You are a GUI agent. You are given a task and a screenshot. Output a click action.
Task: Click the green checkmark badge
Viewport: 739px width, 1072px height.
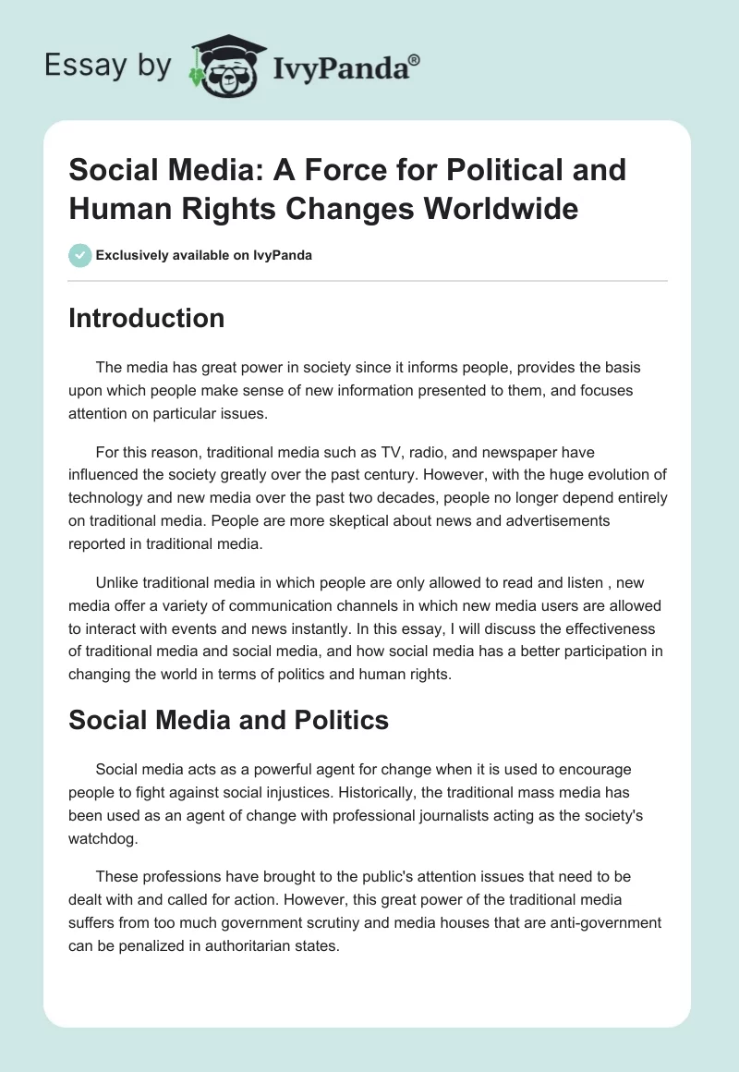80,255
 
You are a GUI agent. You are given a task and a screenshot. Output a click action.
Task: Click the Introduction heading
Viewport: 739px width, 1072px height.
146,318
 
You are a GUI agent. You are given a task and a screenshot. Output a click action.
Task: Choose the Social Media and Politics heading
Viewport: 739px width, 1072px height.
228,720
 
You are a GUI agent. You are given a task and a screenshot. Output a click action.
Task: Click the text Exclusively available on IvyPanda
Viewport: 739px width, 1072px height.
204,255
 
